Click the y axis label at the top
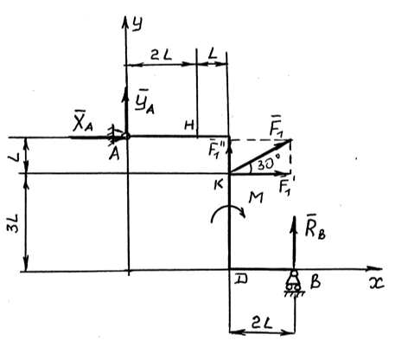137,24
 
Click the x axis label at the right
376,284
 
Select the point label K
219,185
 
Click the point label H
189,125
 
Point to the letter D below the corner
240,280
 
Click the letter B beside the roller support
316,282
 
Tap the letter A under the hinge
114,154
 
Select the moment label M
256,198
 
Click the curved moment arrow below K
227,208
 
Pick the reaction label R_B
315,229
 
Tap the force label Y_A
144,103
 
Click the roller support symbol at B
294,283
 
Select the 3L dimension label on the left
14,223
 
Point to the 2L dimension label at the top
161,55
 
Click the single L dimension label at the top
213,54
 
